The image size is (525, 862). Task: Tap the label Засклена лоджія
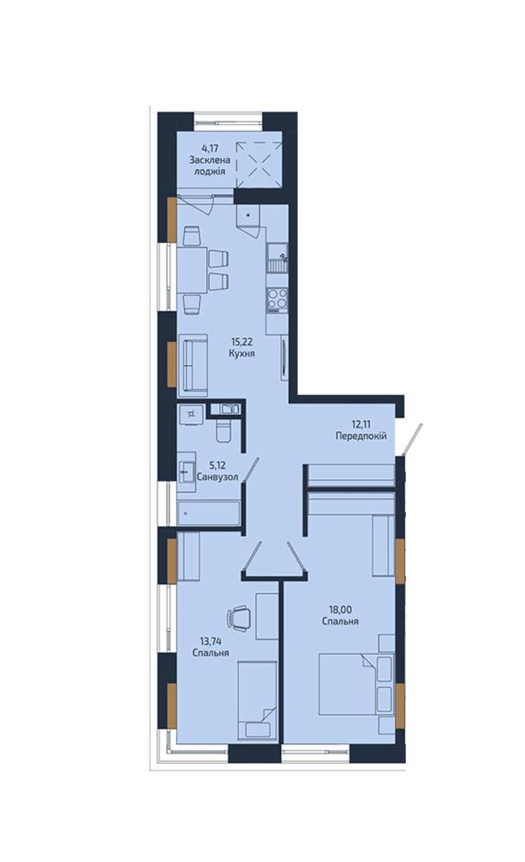[x=210, y=166]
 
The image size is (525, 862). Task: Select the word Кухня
[x=241, y=353]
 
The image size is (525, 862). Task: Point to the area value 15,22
[x=241, y=341]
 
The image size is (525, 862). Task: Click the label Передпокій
[x=361, y=436]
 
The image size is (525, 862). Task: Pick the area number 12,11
[x=361, y=424]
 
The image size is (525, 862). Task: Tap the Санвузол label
[x=218, y=477]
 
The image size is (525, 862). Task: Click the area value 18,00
[x=340, y=609]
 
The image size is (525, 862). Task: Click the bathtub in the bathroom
[x=208, y=513]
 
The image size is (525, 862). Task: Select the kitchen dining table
[x=192, y=271]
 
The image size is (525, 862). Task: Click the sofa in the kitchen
[x=193, y=366]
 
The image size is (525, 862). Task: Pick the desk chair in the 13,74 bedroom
[x=239, y=618]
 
